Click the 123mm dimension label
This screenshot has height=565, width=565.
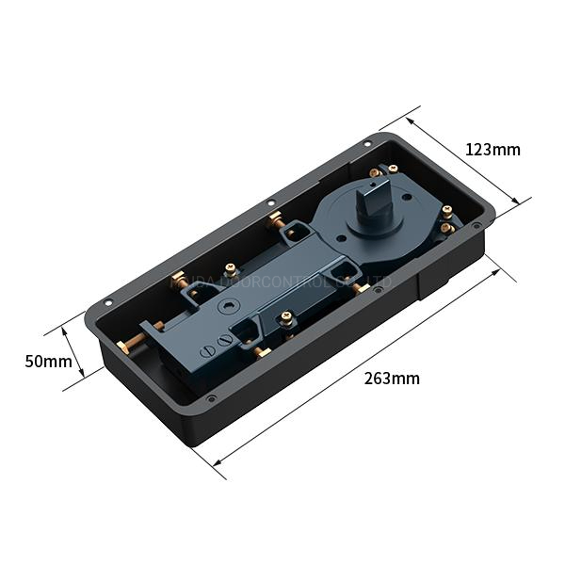(x=492, y=150)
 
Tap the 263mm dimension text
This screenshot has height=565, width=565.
(x=392, y=379)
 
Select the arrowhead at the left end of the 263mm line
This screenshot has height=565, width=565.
(x=218, y=462)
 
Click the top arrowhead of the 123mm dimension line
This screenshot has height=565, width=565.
(x=414, y=119)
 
